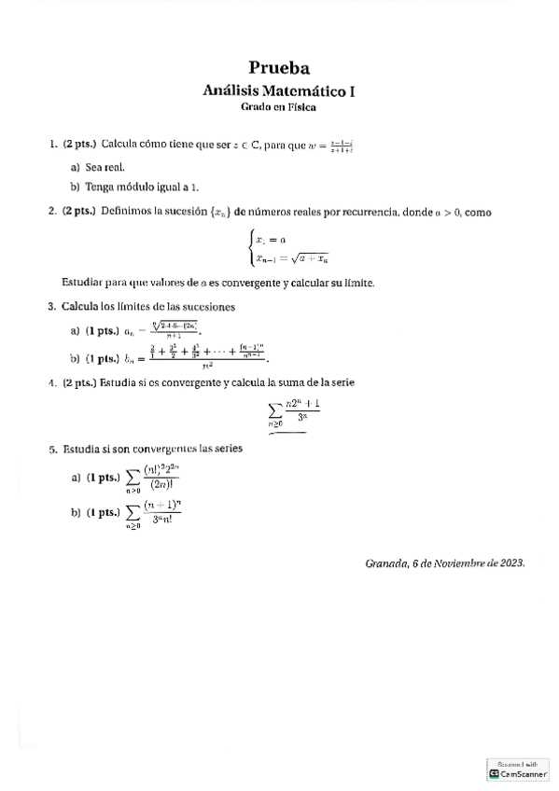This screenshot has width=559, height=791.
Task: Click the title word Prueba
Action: click(279, 67)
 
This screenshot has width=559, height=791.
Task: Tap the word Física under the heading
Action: click(301, 107)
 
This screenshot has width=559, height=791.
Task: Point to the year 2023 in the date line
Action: click(510, 563)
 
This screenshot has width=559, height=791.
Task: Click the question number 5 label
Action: click(51, 450)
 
